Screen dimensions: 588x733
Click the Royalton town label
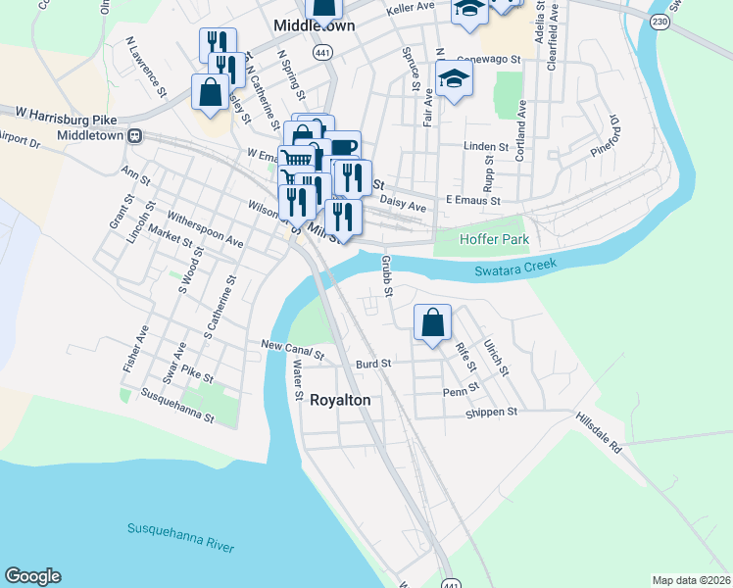pos(340,400)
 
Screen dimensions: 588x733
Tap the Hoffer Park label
pos(495,239)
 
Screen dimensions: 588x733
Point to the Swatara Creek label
pos(514,267)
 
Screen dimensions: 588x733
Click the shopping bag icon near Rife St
pos(432,323)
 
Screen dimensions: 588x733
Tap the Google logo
pos(32,576)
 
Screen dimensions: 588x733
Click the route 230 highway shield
pos(660,23)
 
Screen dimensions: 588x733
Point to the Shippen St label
pos(493,413)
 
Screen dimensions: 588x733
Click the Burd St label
pos(373,363)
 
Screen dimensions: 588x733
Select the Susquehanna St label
pos(177,405)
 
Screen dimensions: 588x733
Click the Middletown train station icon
pos(137,135)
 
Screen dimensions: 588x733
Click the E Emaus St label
pos(473,200)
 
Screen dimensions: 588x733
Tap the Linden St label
pos(486,147)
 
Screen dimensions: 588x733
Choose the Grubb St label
pos(387,275)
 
